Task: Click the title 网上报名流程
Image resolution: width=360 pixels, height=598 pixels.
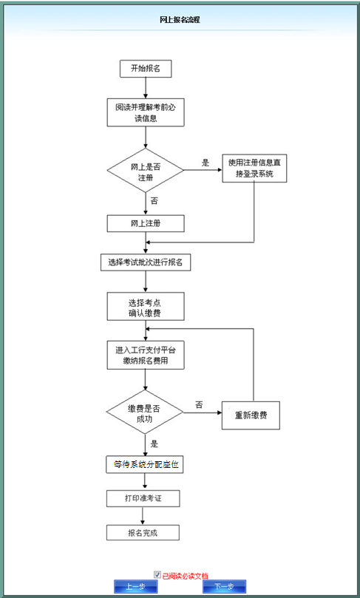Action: click(x=180, y=20)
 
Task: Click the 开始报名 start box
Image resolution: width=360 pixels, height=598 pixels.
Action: click(x=146, y=68)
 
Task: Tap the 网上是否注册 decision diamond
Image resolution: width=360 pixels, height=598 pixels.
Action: click(x=146, y=173)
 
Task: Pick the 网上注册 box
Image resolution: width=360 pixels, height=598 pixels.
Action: click(x=146, y=223)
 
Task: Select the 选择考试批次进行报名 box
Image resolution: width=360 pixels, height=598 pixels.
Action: click(x=146, y=262)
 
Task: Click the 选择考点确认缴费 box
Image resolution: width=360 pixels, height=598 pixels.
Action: click(x=146, y=308)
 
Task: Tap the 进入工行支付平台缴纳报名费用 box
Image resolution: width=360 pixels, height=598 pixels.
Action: click(x=146, y=355)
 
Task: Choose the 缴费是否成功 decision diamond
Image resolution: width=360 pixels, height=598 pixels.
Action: click(x=146, y=413)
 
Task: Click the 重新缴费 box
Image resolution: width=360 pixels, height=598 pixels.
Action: click(x=251, y=415)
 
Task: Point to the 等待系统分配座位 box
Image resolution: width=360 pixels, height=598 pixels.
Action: click(x=145, y=464)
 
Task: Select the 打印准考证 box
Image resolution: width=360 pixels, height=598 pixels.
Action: click(x=143, y=498)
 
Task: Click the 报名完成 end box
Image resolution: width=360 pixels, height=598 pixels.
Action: click(x=143, y=532)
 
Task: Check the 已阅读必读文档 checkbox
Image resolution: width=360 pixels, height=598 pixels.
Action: click(x=157, y=574)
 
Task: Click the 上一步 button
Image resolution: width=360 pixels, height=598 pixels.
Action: click(x=135, y=586)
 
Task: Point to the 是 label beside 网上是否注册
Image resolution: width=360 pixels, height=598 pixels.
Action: click(x=206, y=163)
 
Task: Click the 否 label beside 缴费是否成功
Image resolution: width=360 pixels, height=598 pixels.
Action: click(x=199, y=404)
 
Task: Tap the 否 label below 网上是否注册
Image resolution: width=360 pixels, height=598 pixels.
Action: click(x=154, y=200)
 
